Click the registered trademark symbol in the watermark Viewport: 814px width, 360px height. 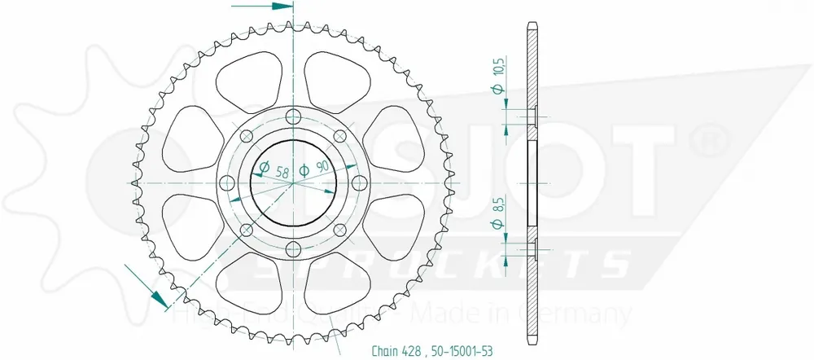(x=707, y=134)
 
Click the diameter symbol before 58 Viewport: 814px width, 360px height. (x=263, y=170)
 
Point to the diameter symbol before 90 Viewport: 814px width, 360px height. (x=304, y=170)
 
